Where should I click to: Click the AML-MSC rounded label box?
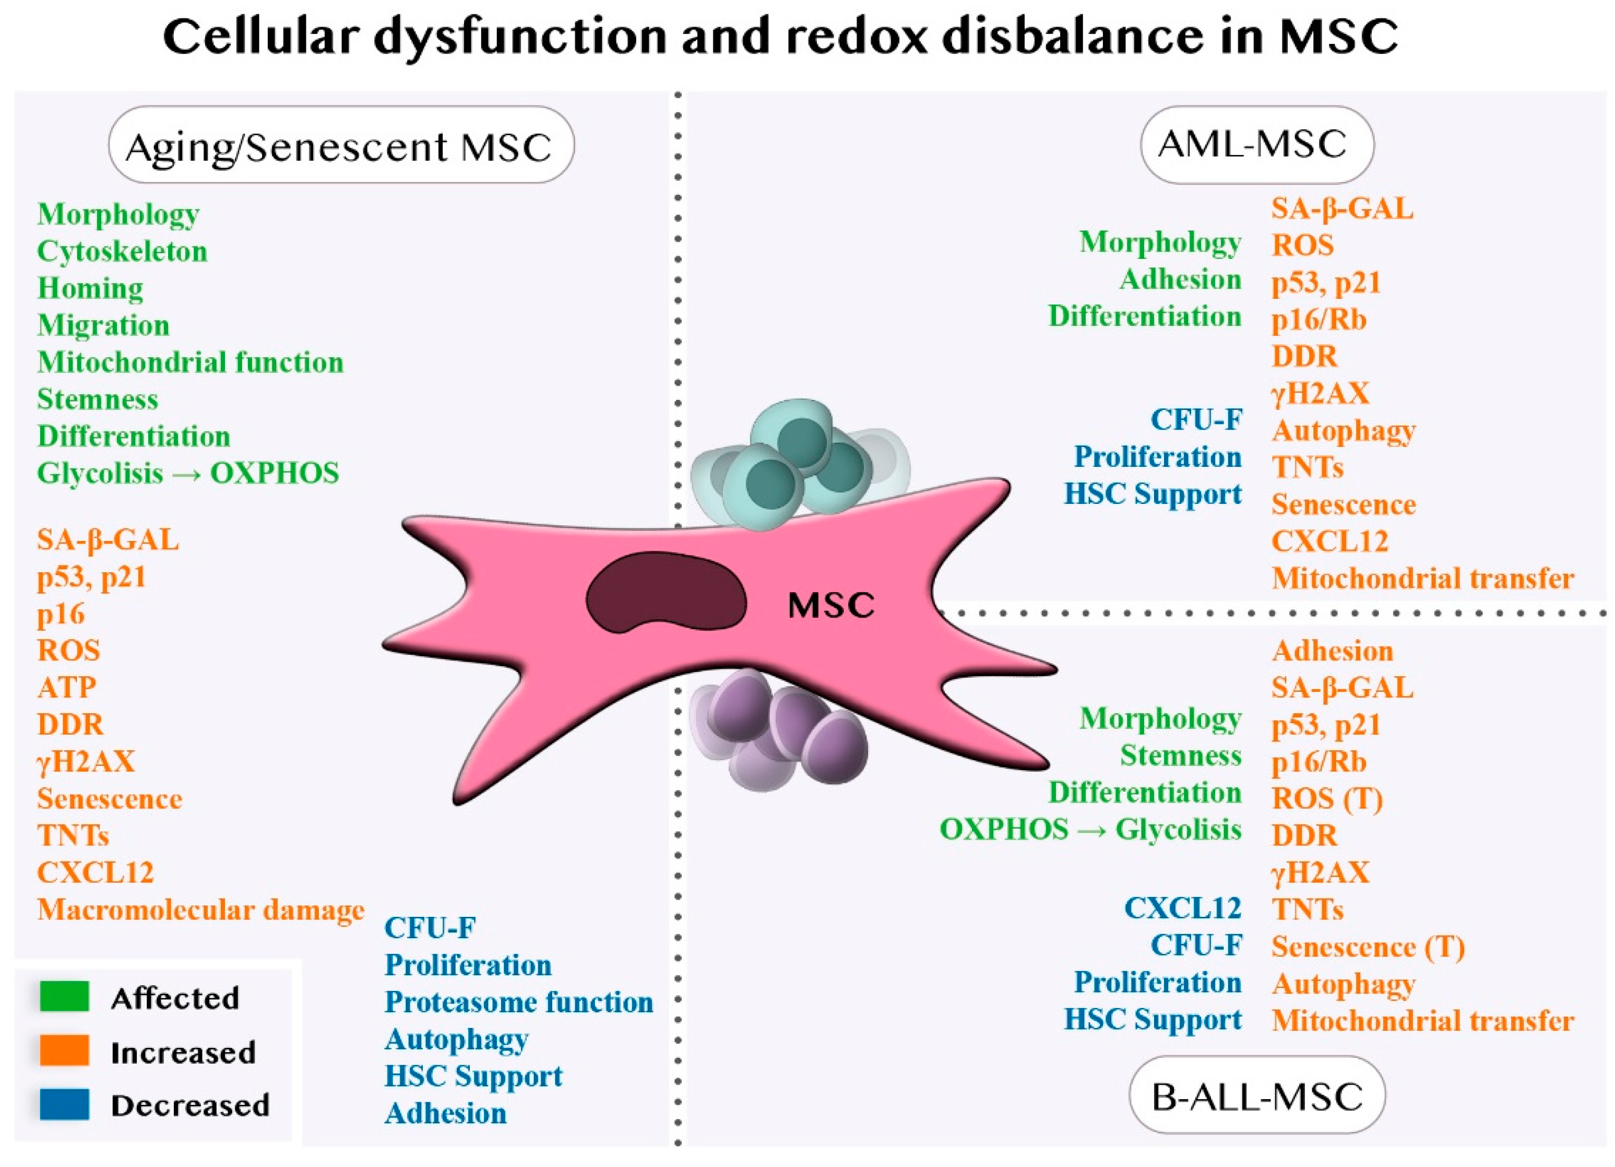coord(1257,145)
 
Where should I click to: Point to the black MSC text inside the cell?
coord(831,606)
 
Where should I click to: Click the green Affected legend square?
coord(64,996)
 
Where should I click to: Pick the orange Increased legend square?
coord(64,1050)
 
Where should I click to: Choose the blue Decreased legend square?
coord(64,1104)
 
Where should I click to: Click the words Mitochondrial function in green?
coord(190,363)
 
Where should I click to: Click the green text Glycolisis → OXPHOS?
coord(188,474)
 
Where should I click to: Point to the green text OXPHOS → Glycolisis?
coord(1090,829)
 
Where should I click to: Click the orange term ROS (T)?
coord(1327,799)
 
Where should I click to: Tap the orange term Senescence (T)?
coord(1367,947)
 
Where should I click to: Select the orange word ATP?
coord(67,688)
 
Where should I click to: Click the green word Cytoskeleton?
coord(122,252)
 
